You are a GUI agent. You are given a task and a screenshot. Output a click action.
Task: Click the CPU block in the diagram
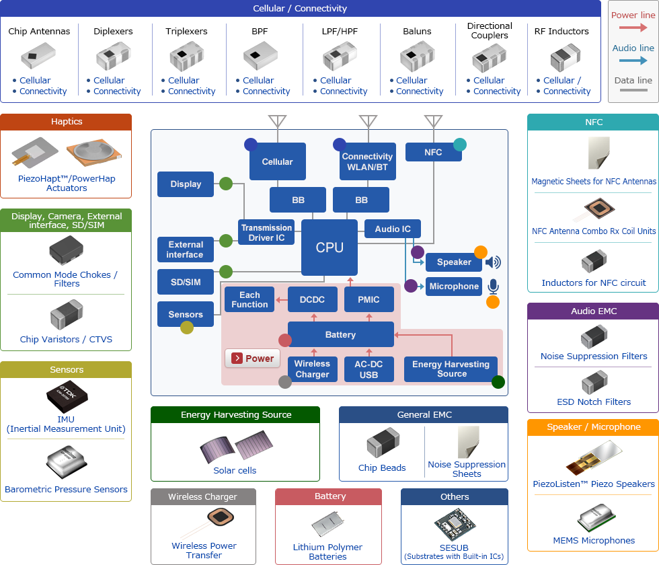click(x=329, y=248)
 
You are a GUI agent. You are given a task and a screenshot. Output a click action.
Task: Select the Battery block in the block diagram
click(x=340, y=334)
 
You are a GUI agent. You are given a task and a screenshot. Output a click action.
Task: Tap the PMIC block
click(x=369, y=299)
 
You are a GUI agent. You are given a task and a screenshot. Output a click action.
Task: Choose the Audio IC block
click(x=393, y=229)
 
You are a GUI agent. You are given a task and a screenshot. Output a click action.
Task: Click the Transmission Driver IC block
click(x=267, y=232)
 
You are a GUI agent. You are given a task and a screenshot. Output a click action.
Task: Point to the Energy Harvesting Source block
click(x=451, y=369)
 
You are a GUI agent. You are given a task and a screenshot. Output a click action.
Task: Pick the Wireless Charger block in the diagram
click(x=312, y=369)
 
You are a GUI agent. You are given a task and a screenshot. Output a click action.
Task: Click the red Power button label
click(x=252, y=359)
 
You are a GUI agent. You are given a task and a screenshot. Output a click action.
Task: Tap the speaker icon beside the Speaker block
click(x=493, y=262)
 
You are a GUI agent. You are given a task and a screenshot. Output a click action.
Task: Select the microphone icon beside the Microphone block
click(x=493, y=287)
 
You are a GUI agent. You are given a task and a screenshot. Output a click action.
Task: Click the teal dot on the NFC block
click(x=460, y=144)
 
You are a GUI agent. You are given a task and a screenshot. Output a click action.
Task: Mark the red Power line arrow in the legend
click(x=633, y=28)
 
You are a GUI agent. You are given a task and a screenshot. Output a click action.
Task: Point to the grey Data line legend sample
click(x=633, y=90)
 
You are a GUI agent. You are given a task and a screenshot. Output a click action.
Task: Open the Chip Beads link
click(x=382, y=467)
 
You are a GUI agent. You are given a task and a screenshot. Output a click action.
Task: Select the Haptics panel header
click(x=66, y=122)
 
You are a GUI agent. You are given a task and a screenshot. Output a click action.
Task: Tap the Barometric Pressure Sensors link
click(x=66, y=489)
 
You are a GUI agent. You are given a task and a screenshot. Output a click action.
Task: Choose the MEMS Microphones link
click(x=594, y=540)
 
